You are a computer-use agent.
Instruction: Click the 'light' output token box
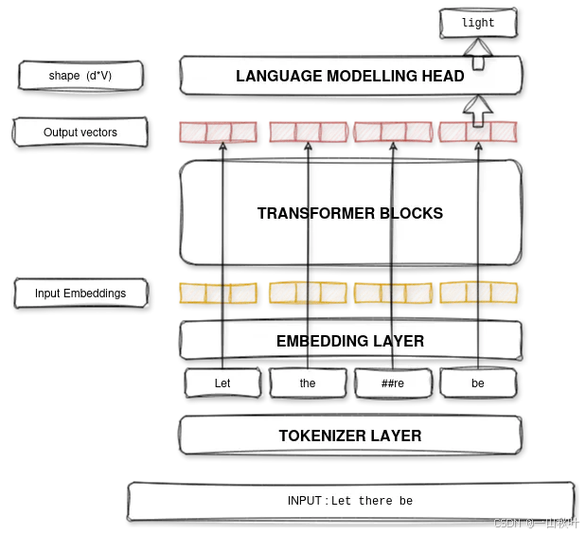tap(479, 23)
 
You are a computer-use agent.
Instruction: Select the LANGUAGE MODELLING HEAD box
tap(350, 76)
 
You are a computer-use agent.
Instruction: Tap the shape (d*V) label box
tap(80, 76)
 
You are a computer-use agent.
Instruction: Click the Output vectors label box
tap(80, 133)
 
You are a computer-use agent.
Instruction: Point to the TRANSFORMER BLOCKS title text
tap(350, 214)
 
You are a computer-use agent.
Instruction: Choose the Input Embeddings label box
tap(80, 294)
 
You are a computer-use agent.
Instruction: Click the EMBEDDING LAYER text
tap(350, 341)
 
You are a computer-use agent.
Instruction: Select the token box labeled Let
tap(222, 383)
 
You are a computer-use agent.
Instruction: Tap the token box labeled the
tap(308, 383)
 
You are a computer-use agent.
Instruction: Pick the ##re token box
tap(392, 383)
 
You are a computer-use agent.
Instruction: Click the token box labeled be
tap(478, 383)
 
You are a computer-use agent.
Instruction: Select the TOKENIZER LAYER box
tap(350, 436)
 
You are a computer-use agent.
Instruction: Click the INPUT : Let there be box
tap(350, 501)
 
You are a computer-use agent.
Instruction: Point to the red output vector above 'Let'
tap(218, 132)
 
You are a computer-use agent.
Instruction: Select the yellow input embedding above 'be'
tap(478, 293)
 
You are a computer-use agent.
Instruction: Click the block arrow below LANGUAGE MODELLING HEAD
tap(478, 111)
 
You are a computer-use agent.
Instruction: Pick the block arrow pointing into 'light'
tap(479, 52)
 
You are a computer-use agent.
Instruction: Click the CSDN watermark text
tap(536, 524)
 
